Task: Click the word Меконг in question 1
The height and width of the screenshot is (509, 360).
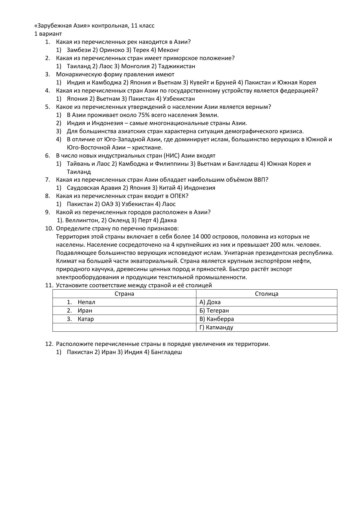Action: tap(169, 50)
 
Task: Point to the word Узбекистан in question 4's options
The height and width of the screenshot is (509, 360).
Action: tap(179, 99)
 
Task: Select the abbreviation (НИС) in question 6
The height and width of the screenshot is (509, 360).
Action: tap(171, 156)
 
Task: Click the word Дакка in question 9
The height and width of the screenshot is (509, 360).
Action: tap(168, 220)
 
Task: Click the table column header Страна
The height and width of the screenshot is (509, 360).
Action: tap(124, 294)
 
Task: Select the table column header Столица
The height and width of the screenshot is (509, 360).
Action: tap(267, 294)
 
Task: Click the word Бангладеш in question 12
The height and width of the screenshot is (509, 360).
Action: tap(167, 352)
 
